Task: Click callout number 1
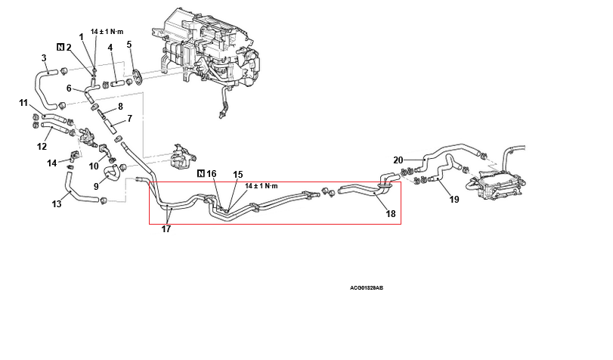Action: (x=82, y=37)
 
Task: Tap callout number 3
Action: (x=44, y=58)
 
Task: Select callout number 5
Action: (x=129, y=45)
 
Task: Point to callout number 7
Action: (x=129, y=118)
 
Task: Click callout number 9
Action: (x=96, y=185)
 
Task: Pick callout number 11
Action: (x=23, y=103)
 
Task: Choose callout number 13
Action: (x=56, y=203)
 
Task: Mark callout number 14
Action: (x=51, y=163)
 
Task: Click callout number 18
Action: (x=391, y=214)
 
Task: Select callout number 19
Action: (x=454, y=200)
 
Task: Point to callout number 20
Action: (x=398, y=160)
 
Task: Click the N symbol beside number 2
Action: (x=60, y=47)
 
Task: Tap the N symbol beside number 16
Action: (x=200, y=174)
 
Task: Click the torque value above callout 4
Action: (x=106, y=32)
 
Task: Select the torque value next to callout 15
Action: (x=262, y=185)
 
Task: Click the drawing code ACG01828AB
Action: (x=367, y=288)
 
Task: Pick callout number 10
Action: (x=94, y=166)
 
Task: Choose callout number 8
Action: (x=119, y=107)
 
